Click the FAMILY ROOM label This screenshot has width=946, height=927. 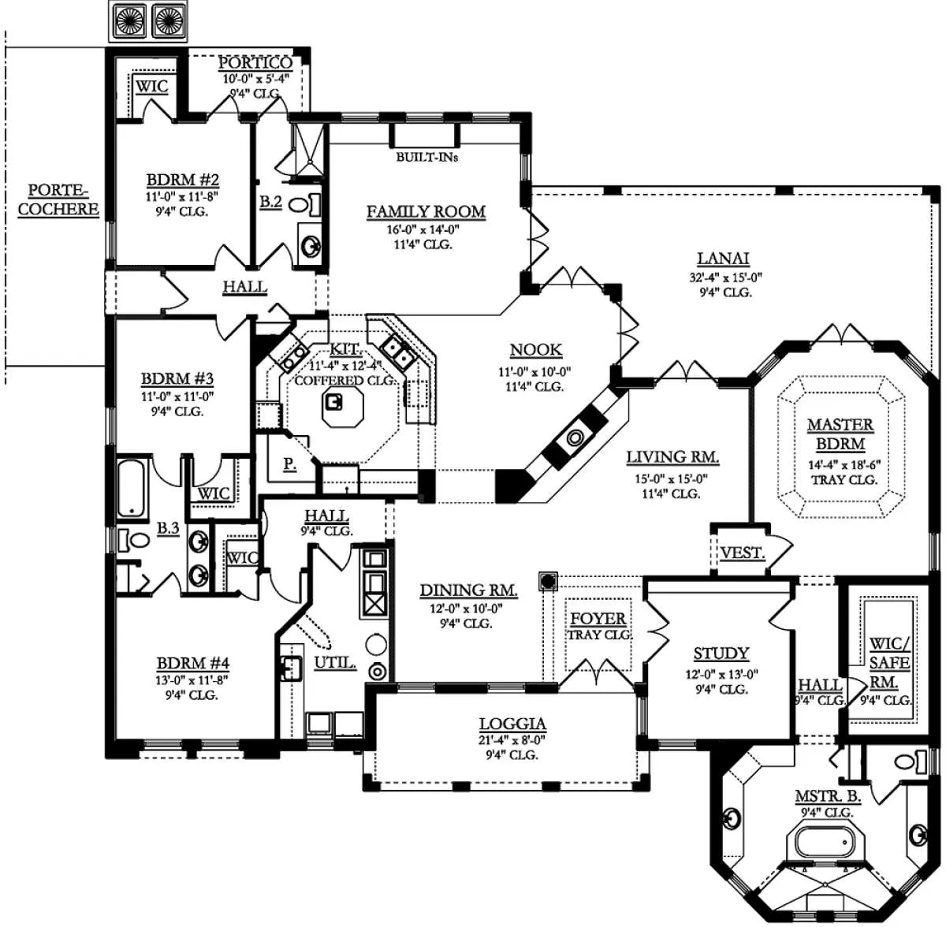click(426, 211)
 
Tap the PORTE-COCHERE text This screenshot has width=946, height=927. click(58, 199)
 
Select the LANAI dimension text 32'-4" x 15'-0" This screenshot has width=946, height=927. click(725, 277)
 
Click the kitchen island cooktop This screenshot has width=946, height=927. click(333, 403)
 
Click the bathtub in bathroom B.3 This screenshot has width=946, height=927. click(132, 488)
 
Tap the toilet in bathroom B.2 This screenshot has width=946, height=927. click(304, 204)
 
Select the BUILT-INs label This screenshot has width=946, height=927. click(427, 157)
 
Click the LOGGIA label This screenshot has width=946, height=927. click(512, 724)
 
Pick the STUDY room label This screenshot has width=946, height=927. click(721, 653)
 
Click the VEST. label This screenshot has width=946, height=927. click(743, 553)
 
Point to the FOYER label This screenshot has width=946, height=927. click(598, 619)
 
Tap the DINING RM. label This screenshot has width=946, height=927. click(468, 590)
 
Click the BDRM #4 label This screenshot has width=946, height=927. click(193, 664)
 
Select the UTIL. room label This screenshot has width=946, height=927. click(335, 663)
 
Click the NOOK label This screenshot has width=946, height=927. click(535, 350)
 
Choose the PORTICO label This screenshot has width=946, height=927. click(255, 63)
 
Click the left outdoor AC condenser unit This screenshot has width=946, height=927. click(130, 20)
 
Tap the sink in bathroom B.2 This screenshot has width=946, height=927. click(310, 244)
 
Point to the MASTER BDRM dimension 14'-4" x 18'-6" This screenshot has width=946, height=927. click(845, 464)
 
